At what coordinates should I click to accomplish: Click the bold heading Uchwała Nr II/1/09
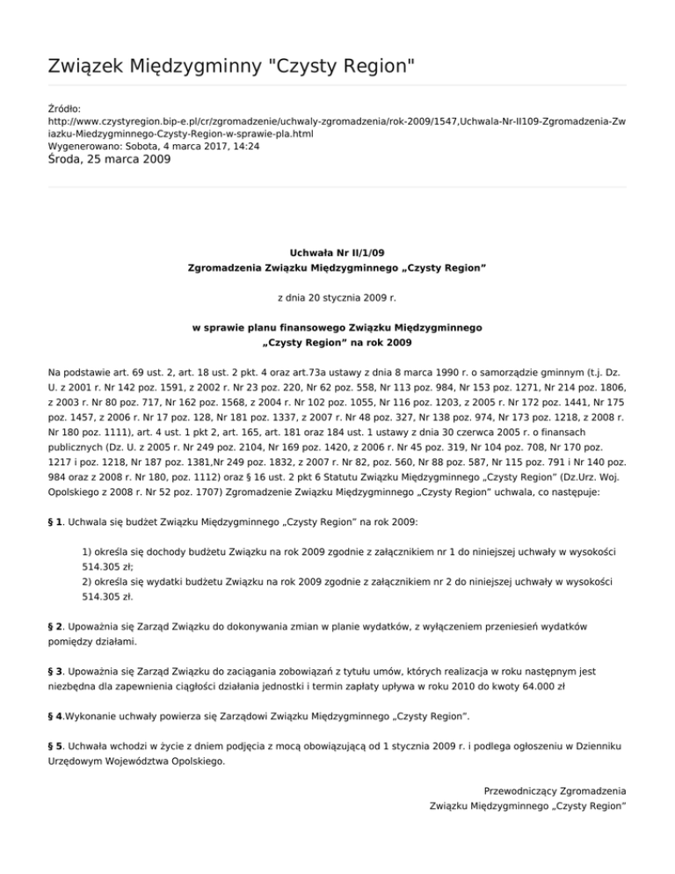coord(337,251)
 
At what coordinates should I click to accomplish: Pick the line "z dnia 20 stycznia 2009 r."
coord(337,298)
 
